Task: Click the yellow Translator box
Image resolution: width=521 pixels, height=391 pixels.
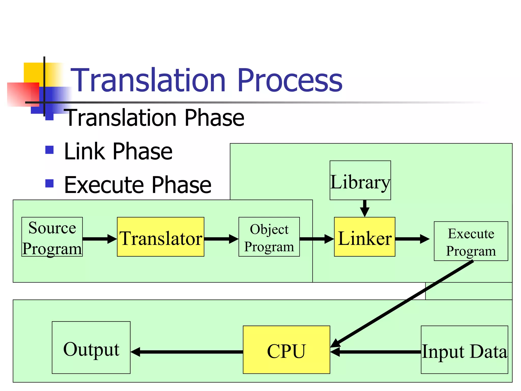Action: point(161,237)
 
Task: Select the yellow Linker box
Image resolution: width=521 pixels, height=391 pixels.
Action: point(365,237)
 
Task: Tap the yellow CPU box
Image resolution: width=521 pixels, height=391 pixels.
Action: point(286,350)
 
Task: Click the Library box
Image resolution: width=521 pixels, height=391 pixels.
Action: point(360,180)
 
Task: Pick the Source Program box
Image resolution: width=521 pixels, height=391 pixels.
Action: point(52,237)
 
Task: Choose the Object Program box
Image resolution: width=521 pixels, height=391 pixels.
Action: point(269,237)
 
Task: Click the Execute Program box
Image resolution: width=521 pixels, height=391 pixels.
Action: point(471,241)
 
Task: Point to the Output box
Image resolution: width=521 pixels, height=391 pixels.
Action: point(91,347)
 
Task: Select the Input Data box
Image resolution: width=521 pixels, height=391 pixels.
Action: point(464,350)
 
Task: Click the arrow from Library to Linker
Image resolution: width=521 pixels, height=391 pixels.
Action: point(365,208)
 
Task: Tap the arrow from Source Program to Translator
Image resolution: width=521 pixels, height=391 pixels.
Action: point(99,239)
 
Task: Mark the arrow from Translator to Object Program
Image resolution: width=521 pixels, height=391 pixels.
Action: point(221,239)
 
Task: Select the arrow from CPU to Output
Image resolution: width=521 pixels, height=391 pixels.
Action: point(187,352)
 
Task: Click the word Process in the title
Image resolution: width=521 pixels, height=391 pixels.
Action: point(290,80)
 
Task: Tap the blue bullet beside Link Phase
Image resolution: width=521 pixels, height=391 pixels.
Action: point(49,150)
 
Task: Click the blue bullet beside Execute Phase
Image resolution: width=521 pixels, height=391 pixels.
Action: point(49,183)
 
